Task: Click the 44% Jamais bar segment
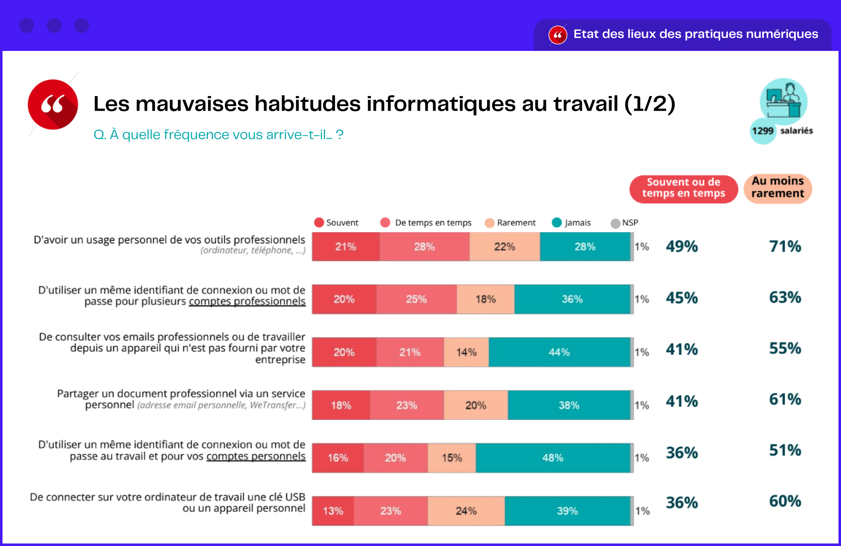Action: (559, 352)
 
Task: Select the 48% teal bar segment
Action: (552, 458)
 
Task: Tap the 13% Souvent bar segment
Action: (333, 511)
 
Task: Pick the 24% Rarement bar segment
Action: (466, 511)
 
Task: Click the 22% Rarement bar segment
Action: (504, 247)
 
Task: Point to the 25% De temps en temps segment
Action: (416, 299)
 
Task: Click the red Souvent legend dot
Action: (319, 222)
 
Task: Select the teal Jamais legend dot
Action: (556, 222)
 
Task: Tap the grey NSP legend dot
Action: (615, 223)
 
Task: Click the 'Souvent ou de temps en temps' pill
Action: (683, 188)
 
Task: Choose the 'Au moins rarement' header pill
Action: (777, 187)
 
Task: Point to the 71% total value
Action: (785, 246)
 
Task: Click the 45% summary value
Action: (682, 298)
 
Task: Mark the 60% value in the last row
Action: (785, 501)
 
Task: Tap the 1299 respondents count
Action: (762, 131)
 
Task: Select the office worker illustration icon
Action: (783, 101)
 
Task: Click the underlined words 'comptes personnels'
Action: (256, 456)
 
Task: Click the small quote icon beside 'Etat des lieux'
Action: (558, 35)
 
